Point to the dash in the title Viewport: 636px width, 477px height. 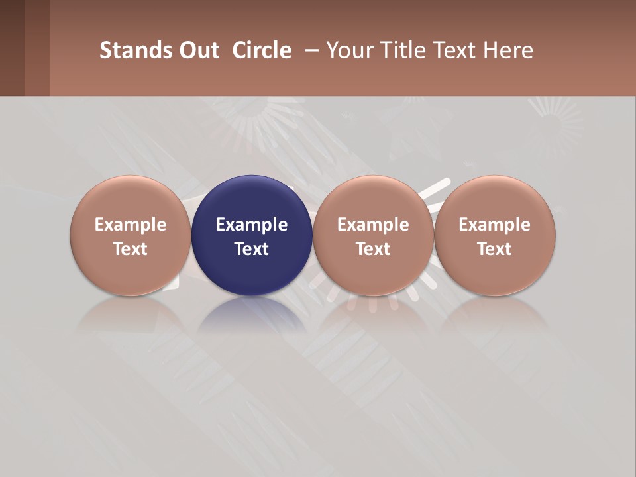310,50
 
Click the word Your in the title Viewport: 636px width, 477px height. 348,50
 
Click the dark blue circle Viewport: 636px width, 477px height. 252,199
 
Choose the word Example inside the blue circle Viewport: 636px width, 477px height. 252,225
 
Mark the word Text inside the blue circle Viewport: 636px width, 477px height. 252,249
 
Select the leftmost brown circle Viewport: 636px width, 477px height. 130,199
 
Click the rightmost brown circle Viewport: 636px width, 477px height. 494,199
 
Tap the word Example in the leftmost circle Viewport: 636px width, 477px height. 130,225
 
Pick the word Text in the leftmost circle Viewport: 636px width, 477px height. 130,249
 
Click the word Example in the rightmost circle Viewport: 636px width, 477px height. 494,225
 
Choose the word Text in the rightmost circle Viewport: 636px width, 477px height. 494,249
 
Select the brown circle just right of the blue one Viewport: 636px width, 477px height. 373,199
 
